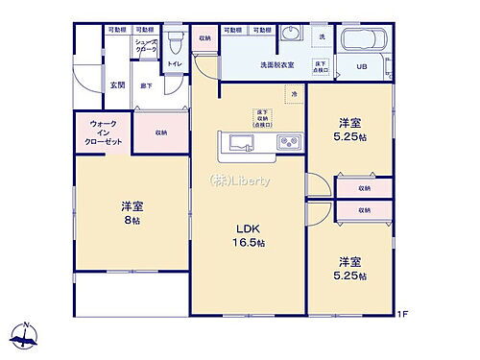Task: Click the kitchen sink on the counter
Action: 239,145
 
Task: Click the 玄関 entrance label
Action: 115,85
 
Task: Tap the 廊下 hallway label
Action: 145,85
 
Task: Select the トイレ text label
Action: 175,65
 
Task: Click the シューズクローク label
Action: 146,45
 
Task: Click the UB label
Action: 362,66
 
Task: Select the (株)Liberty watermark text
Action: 241,181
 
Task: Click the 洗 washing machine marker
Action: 322,37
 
